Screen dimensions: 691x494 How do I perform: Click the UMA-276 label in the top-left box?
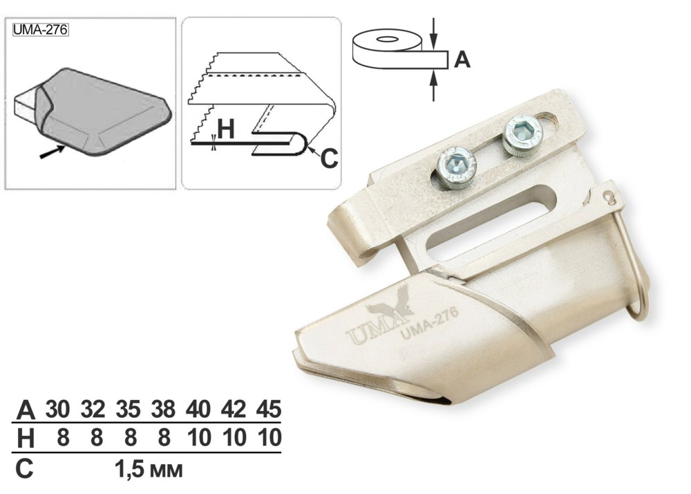coord(40,30)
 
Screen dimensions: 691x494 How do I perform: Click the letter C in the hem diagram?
coord(329,158)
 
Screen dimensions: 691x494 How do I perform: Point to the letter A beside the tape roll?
coord(462,59)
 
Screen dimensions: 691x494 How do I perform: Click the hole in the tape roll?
coord(387,39)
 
